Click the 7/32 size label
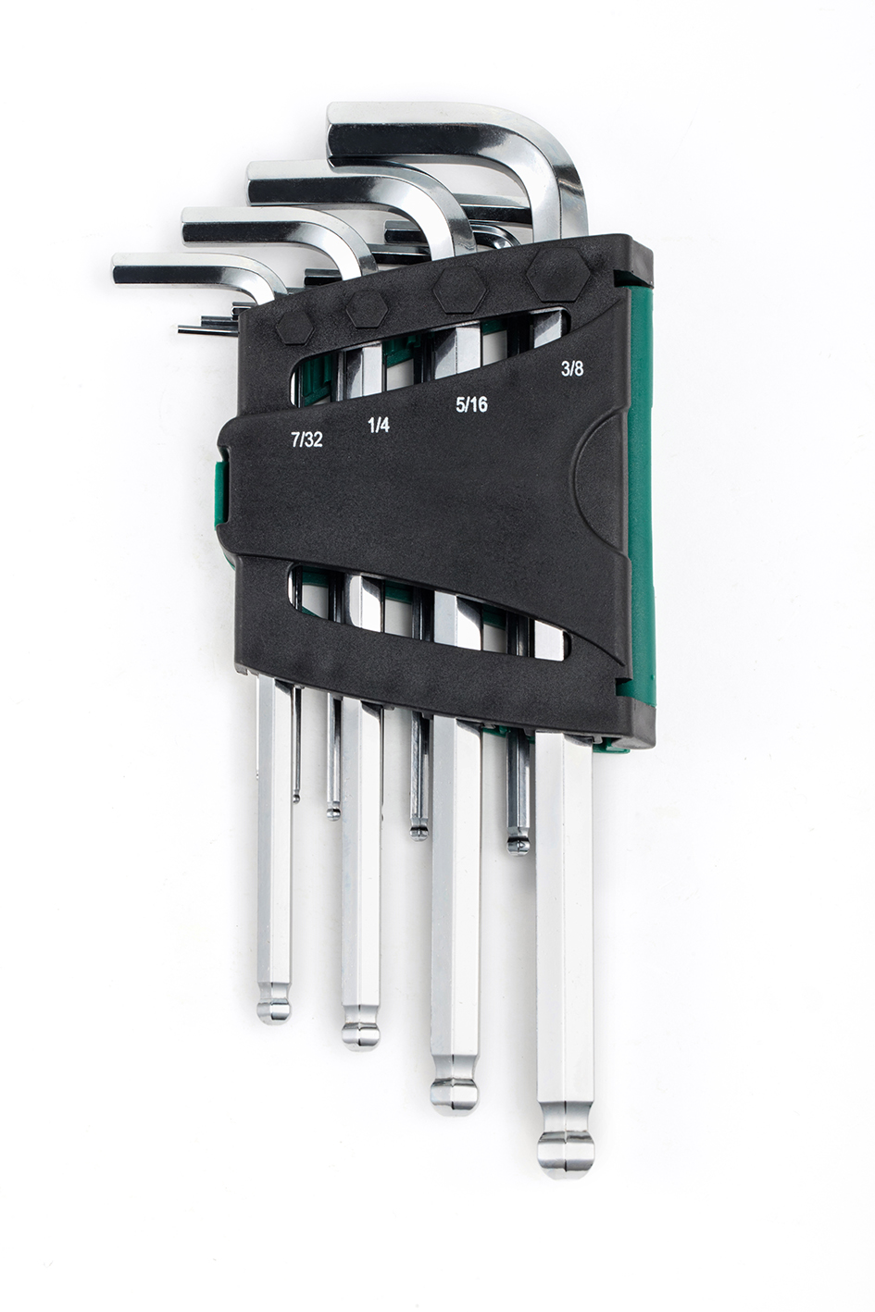306,439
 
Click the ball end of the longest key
565,1153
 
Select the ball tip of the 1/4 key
361,1033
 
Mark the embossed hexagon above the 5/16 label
460,291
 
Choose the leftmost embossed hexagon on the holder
295,325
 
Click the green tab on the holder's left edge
220,486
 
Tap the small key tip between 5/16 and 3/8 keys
517,843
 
